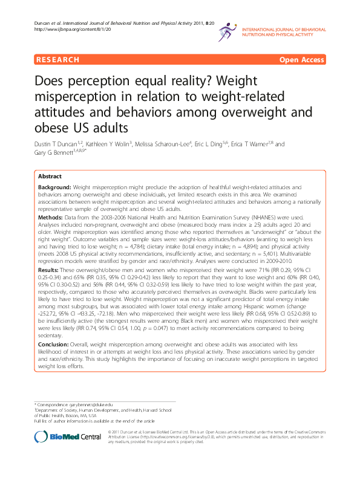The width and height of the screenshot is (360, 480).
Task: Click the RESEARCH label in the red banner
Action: pyautogui.click(x=57, y=60)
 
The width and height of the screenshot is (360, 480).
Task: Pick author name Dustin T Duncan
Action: pyautogui.click(x=62, y=144)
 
